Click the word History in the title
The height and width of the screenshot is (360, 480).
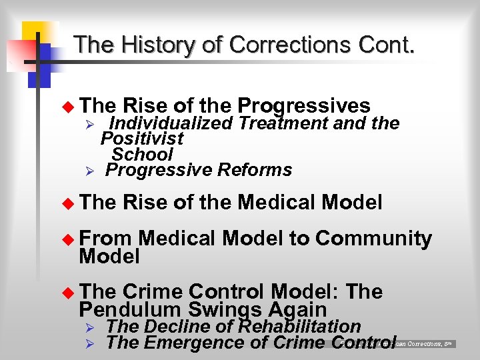[x=156, y=45]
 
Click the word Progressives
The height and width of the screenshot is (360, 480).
[x=304, y=105]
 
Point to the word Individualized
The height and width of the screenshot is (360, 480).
[x=171, y=123]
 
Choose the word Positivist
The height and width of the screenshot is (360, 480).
[x=142, y=139]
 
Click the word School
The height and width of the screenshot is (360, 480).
[x=143, y=154]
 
